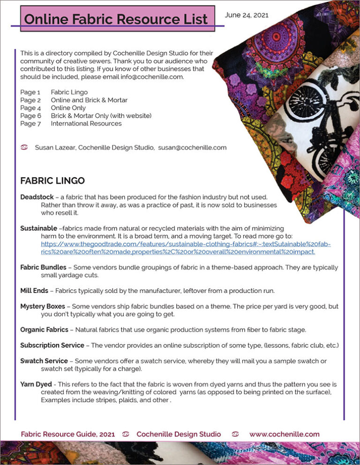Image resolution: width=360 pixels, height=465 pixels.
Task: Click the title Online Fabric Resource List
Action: coord(116,19)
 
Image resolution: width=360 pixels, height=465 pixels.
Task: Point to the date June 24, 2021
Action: coord(247,15)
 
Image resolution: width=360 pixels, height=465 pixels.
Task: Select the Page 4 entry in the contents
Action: coord(30,108)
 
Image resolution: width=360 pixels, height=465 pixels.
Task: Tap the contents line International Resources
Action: coord(86,124)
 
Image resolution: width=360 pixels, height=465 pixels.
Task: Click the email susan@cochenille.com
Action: coord(192,148)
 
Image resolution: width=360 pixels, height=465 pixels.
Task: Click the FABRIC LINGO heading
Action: coord(52,180)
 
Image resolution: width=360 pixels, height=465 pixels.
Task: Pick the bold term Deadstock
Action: coord(37,197)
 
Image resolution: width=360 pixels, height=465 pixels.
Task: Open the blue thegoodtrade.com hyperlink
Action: coord(185,248)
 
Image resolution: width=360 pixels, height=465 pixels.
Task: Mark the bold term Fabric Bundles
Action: coord(43,267)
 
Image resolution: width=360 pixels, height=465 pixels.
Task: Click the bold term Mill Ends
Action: coord(34,291)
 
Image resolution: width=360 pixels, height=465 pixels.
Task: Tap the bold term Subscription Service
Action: coord(52,345)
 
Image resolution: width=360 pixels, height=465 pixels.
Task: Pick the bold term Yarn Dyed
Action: coord(36,384)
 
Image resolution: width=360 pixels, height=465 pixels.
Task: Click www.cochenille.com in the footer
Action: coord(284,434)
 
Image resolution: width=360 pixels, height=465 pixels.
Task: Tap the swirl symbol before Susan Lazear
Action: coord(25,148)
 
